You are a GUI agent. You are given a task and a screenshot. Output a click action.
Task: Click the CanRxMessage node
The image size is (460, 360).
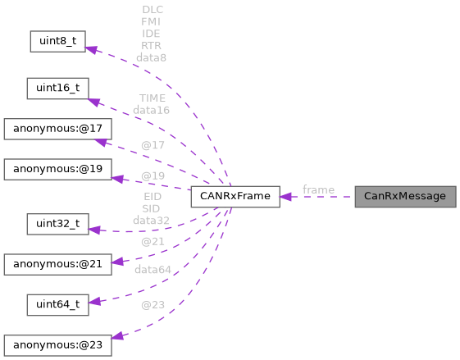pos(404,197)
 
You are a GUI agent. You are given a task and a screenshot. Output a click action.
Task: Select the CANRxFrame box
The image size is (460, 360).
pos(235,197)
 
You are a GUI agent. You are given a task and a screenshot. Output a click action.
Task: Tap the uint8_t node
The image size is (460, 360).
pos(57,41)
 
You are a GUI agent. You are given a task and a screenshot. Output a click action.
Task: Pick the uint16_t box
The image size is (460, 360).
pos(57,88)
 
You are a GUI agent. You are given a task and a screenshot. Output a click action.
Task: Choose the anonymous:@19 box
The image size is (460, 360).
pos(57,170)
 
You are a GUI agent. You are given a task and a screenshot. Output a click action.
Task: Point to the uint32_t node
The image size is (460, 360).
pos(57,223)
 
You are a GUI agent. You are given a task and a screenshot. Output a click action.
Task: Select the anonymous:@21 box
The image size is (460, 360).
pos(57,264)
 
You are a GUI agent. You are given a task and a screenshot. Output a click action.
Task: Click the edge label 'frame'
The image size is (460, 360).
pos(318,190)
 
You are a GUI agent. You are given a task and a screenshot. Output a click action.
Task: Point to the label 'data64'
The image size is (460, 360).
pos(152,269)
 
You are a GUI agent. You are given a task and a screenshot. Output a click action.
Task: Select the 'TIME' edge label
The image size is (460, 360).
pos(152,98)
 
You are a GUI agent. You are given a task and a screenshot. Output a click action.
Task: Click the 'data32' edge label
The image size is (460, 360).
pos(152,221)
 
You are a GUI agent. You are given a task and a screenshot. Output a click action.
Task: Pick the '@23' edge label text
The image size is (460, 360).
pos(152,305)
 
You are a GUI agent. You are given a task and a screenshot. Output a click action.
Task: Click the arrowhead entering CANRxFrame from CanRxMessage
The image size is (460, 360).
pos(286,197)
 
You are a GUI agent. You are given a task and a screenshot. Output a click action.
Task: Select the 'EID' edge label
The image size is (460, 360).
pos(152,198)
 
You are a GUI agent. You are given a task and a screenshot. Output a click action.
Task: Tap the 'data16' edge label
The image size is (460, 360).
pos(152,109)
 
